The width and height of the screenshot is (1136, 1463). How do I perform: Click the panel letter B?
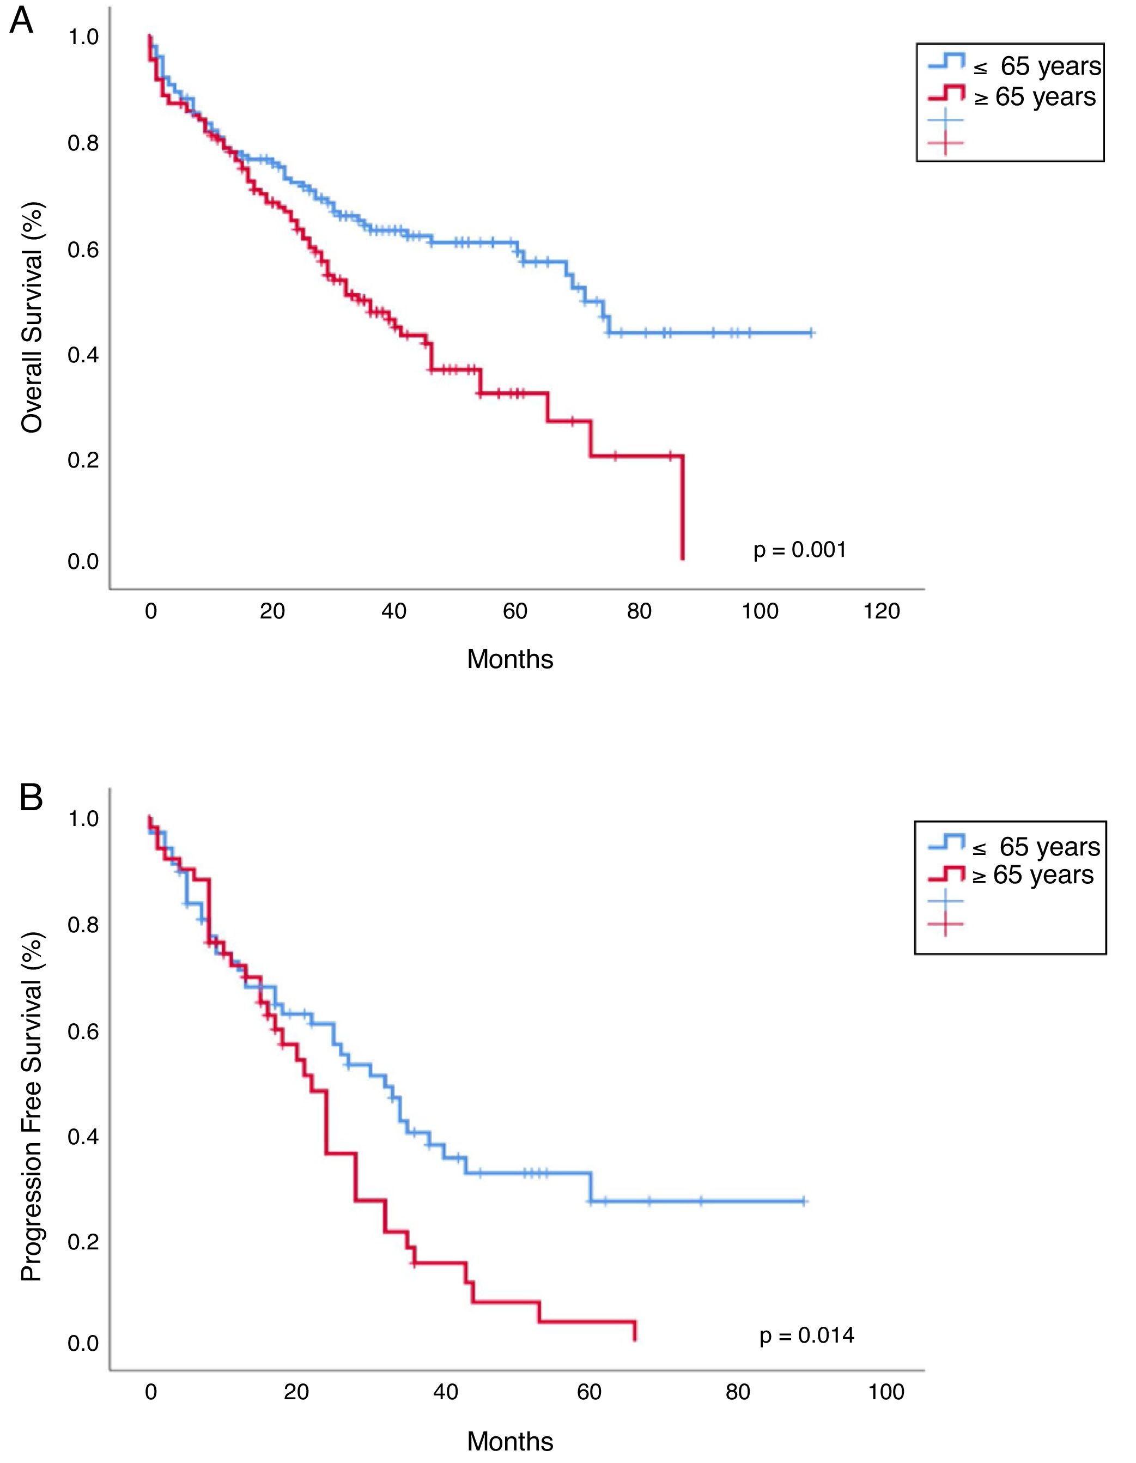point(31,798)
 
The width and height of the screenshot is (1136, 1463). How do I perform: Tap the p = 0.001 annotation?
point(800,550)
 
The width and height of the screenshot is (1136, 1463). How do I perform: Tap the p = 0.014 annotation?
point(806,1335)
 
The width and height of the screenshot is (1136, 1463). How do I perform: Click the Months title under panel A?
point(510,659)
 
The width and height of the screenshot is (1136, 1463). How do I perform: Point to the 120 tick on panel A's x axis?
point(882,611)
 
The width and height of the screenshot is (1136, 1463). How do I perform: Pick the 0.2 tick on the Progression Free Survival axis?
point(83,1241)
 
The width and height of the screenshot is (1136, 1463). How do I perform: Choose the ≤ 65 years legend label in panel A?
point(1037,66)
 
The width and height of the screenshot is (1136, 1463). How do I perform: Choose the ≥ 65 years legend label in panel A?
point(1035,97)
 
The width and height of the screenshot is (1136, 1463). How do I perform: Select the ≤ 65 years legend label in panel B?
point(1036,847)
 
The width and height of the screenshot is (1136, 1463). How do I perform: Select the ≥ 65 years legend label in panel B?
point(1033,875)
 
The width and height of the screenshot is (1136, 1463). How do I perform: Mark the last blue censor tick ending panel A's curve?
point(811,332)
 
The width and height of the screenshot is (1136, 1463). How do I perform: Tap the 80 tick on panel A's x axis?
point(639,611)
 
